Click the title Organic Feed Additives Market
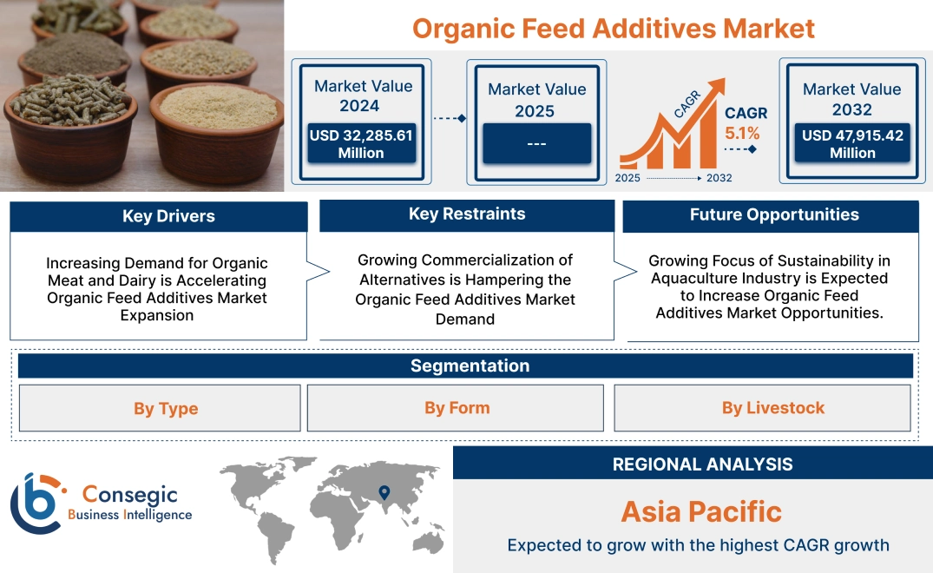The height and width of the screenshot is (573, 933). (613, 28)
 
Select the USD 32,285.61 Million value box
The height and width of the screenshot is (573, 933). (361, 144)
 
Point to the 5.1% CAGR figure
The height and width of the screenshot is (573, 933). (742, 134)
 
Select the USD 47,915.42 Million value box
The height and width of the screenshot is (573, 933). (852, 144)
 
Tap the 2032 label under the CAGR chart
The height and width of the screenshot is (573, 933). (719, 178)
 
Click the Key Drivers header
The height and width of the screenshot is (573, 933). (168, 216)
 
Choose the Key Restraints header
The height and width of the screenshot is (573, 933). (467, 214)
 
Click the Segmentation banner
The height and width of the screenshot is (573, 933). (470, 366)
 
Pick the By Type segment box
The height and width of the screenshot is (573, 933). (166, 409)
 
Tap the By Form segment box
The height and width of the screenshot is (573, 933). (457, 408)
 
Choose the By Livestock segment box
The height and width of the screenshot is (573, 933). (772, 408)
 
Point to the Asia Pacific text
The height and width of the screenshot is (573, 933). (701, 511)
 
